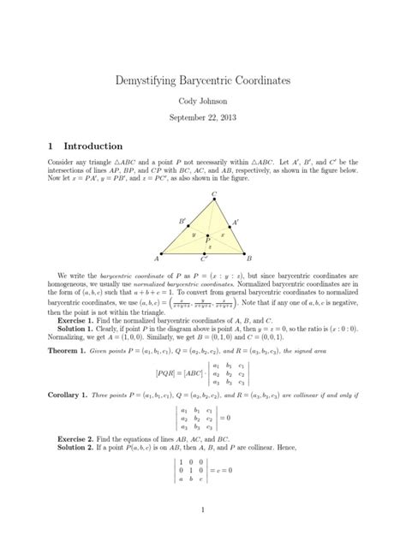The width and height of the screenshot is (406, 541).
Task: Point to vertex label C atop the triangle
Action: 213,193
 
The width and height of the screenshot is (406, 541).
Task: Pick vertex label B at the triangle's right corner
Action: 249,257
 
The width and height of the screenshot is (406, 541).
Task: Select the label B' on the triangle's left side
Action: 182,221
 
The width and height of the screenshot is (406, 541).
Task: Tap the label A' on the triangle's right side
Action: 236,223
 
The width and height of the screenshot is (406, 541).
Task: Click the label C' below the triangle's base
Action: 203,258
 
